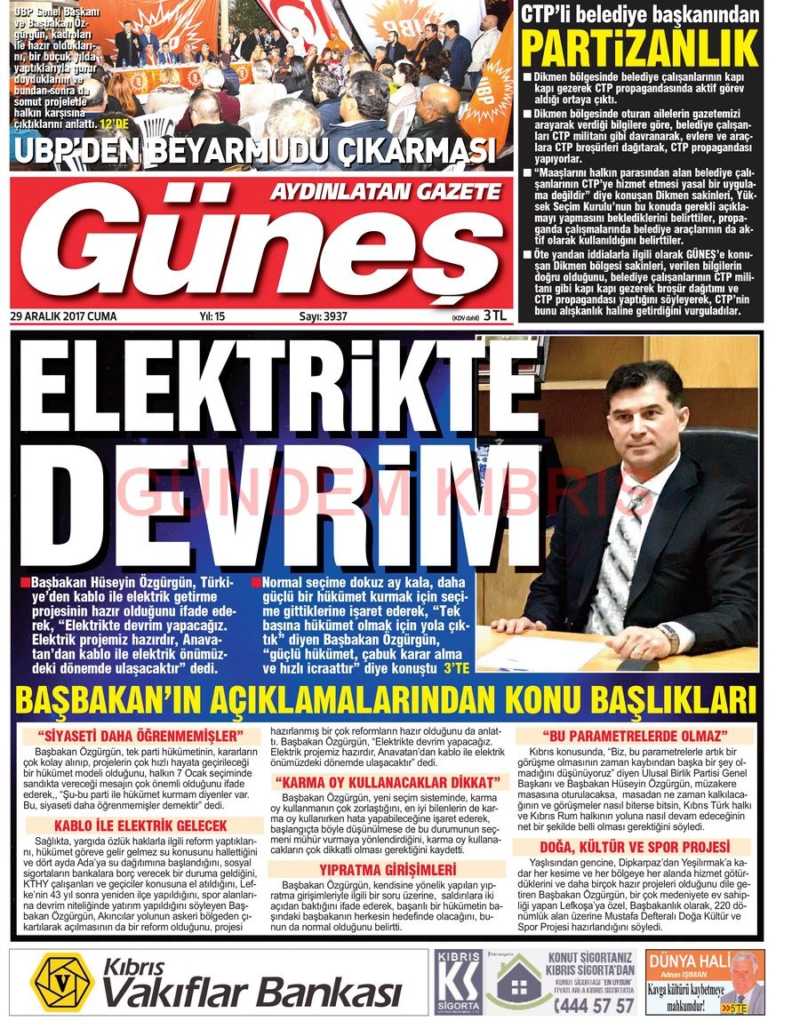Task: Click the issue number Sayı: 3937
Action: [x=323, y=316]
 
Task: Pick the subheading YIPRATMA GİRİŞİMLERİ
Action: [x=388, y=869]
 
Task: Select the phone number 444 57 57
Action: [x=595, y=1004]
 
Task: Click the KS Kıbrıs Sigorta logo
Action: [x=459, y=982]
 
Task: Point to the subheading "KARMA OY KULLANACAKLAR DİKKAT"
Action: [x=388, y=782]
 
